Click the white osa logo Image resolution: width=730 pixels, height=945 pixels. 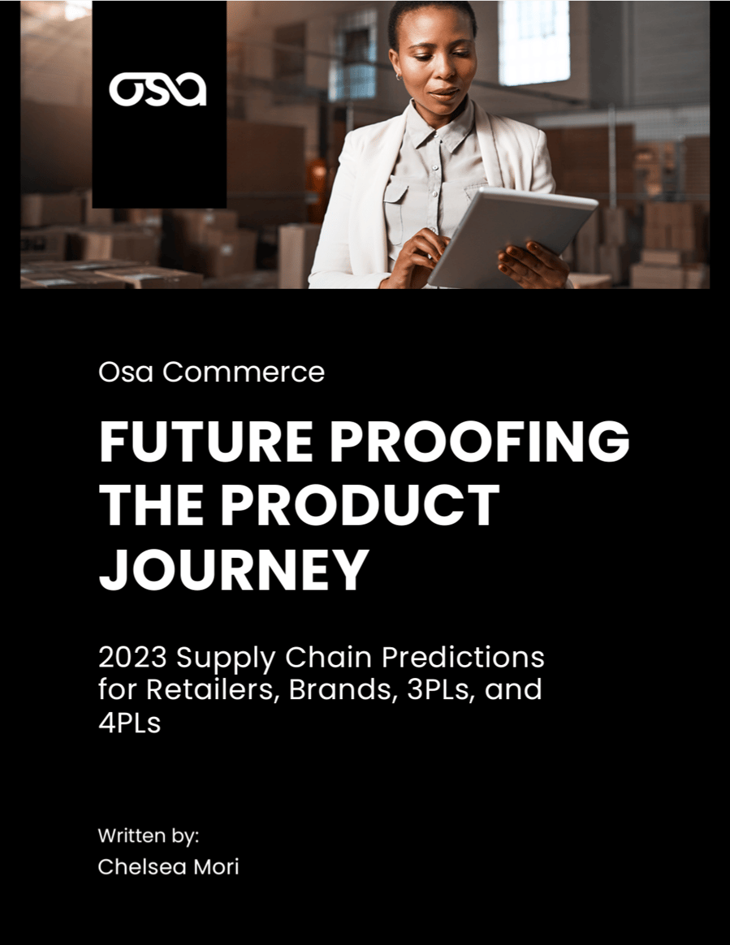pos(158,90)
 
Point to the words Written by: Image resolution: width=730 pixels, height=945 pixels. pos(149,835)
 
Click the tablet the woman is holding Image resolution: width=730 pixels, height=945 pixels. pos(511,235)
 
